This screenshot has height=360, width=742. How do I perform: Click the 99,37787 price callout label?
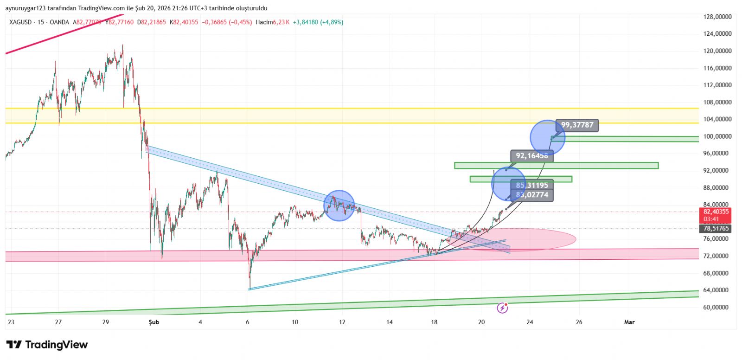[x=577, y=125]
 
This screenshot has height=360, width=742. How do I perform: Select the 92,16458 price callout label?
[x=531, y=156]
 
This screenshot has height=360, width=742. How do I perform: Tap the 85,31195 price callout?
[x=531, y=186]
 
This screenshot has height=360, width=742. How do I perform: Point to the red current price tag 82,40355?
[x=716, y=212]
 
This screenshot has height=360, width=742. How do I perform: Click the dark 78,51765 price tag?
[x=716, y=228]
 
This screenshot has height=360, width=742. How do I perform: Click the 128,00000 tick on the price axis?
[x=717, y=17]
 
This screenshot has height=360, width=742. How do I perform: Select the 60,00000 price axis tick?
[x=717, y=307]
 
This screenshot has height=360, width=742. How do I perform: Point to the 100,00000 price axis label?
[x=717, y=136]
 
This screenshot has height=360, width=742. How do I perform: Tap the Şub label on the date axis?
[x=154, y=322]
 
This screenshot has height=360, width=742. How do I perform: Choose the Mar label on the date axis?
[x=629, y=322]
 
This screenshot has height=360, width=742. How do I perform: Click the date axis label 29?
[x=105, y=322]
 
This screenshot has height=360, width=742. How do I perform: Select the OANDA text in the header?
[x=59, y=22]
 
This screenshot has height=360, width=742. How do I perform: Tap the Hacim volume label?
[x=264, y=22]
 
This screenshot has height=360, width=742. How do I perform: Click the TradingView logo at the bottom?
[x=47, y=345]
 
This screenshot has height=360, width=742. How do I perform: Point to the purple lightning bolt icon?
[x=502, y=308]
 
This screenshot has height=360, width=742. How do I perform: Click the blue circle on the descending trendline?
[x=339, y=206]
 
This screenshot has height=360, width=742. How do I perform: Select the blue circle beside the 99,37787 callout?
[x=547, y=137]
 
